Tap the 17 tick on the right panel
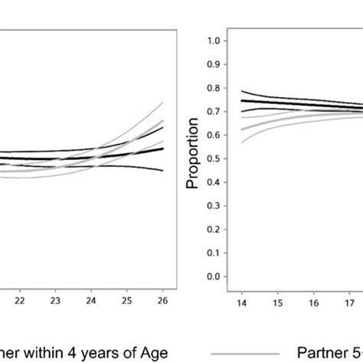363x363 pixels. pos(351,302)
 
